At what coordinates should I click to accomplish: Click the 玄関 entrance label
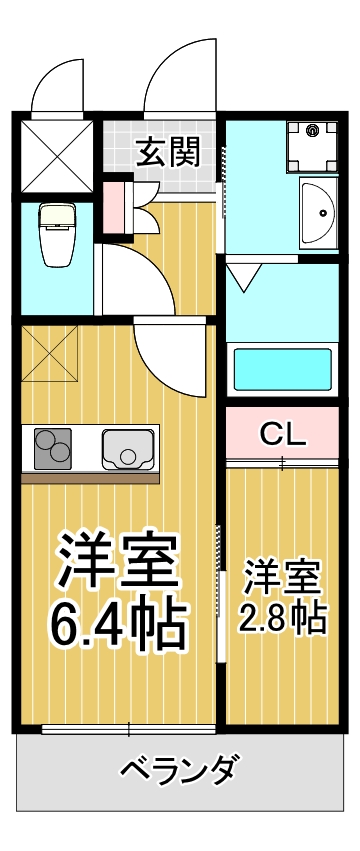pyautogui.click(x=168, y=152)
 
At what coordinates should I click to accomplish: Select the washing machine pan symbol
pyautogui.click(x=313, y=146)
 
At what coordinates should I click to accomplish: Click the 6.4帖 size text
pyautogui.click(x=118, y=619)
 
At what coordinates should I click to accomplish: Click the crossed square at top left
pyautogui.click(x=57, y=156)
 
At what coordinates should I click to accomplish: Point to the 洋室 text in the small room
pyautogui.click(x=282, y=578)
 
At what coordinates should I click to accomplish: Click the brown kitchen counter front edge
pyautogui.click(x=90, y=478)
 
